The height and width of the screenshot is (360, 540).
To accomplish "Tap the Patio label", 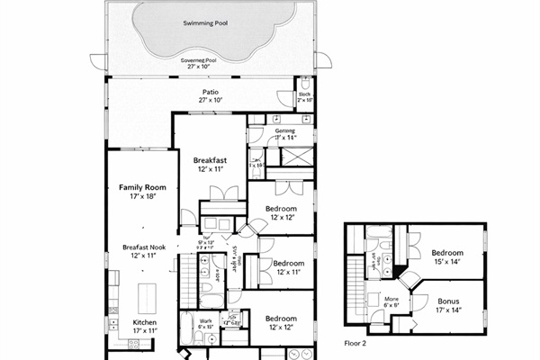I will (211, 92).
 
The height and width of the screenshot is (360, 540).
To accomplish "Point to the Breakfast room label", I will (209, 161).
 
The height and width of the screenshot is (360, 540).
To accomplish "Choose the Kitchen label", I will (145, 321).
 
